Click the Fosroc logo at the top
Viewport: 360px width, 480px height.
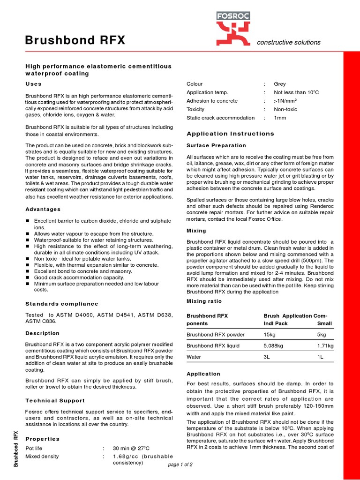(x=232, y=28)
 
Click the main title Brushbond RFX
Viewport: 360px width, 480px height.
(x=75, y=41)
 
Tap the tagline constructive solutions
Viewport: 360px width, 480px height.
(x=289, y=42)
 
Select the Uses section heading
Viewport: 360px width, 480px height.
(x=33, y=84)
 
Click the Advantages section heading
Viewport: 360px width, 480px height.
(x=43, y=209)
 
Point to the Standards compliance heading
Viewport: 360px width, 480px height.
(x=61, y=304)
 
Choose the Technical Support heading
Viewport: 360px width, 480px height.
(x=55, y=400)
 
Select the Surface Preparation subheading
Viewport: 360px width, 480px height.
(x=216, y=145)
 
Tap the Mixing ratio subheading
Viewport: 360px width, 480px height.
(x=204, y=301)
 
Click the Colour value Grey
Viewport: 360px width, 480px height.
(x=280, y=84)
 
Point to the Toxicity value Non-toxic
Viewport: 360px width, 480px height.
(x=286, y=109)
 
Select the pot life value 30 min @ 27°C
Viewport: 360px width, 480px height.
(x=131, y=448)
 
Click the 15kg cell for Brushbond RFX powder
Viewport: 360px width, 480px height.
(x=270, y=335)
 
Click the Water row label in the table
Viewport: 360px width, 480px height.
(x=194, y=357)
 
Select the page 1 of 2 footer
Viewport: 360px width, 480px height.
(x=180, y=465)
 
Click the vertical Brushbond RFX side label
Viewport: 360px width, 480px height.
(x=16, y=449)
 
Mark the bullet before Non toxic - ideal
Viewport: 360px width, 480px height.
(x=28, y=259)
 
